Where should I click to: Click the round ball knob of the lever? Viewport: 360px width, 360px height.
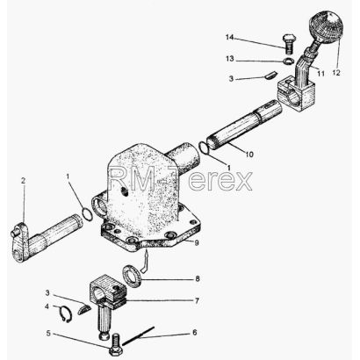click(x=326, y=26)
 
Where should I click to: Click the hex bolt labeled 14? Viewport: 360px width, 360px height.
click(x=289, y=44)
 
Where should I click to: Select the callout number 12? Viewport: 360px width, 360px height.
click(x=336, y=73)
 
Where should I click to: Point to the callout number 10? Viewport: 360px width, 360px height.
click(x=249, y=154)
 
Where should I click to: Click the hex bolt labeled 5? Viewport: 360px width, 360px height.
click(x=116, y=344)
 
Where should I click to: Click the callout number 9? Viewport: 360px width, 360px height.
click(x=197, y=242)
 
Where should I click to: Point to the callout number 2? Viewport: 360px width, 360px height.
click(x=23, y=181)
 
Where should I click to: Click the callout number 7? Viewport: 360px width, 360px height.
click(x=197, y=300)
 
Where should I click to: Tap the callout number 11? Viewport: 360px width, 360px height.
click(x=321, y=73)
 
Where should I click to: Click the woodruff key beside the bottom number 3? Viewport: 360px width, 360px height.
click(x=84, y=309)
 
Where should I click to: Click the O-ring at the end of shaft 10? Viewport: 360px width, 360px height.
click(x=204, y=147)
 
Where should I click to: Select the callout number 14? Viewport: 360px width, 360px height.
click(x=230, y=38)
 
